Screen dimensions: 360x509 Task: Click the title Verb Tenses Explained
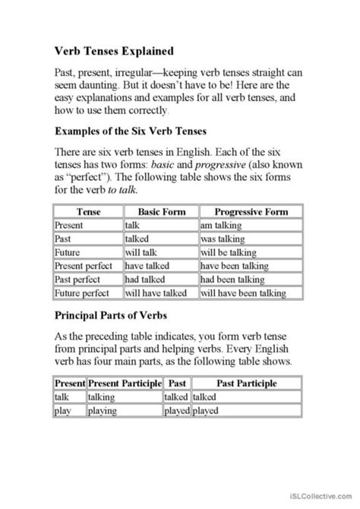114,52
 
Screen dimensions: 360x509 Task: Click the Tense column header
87,211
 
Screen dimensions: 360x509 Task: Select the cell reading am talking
221,225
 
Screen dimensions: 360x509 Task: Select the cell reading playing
103,412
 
